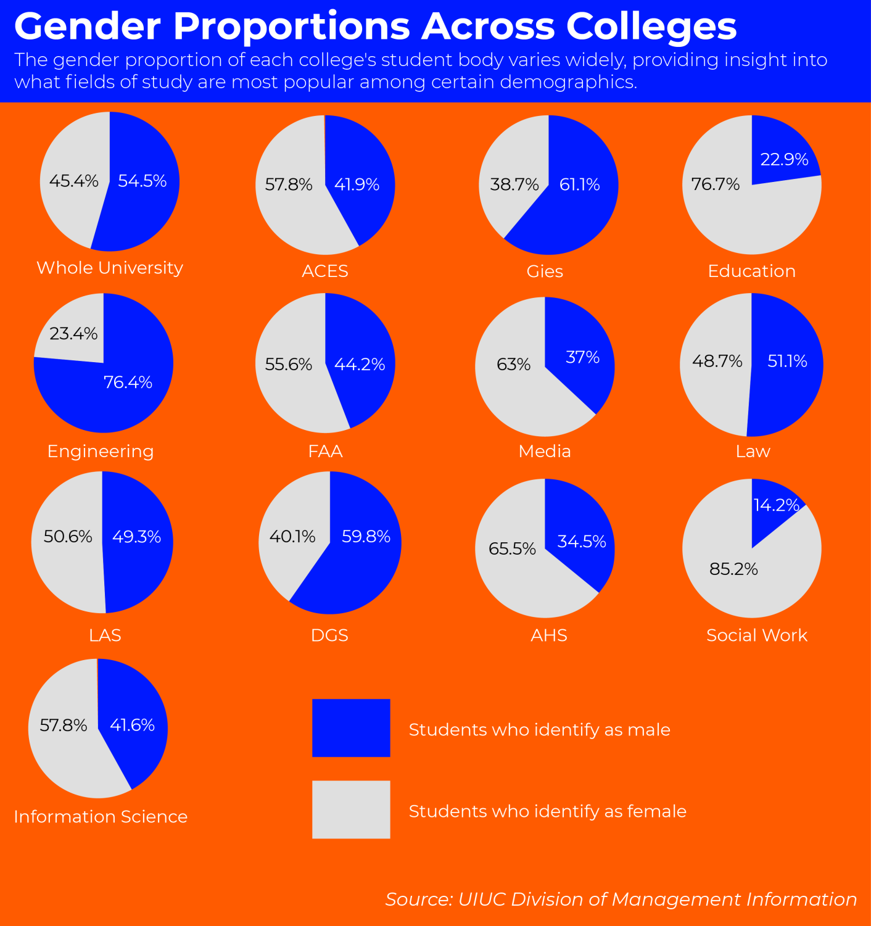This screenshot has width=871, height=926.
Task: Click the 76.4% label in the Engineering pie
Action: pos(128,382)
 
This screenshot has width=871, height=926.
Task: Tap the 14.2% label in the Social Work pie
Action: pos(776,505)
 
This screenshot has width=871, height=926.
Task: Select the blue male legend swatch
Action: pos(351,728)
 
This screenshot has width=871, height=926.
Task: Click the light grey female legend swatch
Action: pos(351,809)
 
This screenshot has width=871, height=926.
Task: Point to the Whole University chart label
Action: pos(110,268)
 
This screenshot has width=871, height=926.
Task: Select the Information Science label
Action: pos(101,816)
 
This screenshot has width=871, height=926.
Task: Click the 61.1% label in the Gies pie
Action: pos(579,184)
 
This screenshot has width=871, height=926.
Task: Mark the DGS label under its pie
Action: pos(329,635)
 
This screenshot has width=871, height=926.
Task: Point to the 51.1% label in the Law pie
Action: pos(787,361)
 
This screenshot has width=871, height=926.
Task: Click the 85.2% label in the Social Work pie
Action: pos(733,569)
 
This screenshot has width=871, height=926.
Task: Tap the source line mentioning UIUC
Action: pos(621,899)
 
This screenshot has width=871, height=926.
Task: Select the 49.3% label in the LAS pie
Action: pos(136,537)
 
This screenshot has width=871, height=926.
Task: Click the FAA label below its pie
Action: pos(325,451)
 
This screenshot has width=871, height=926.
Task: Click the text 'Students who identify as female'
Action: pos(547,811)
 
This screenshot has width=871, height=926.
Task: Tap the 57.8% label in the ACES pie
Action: pos(289,184)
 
